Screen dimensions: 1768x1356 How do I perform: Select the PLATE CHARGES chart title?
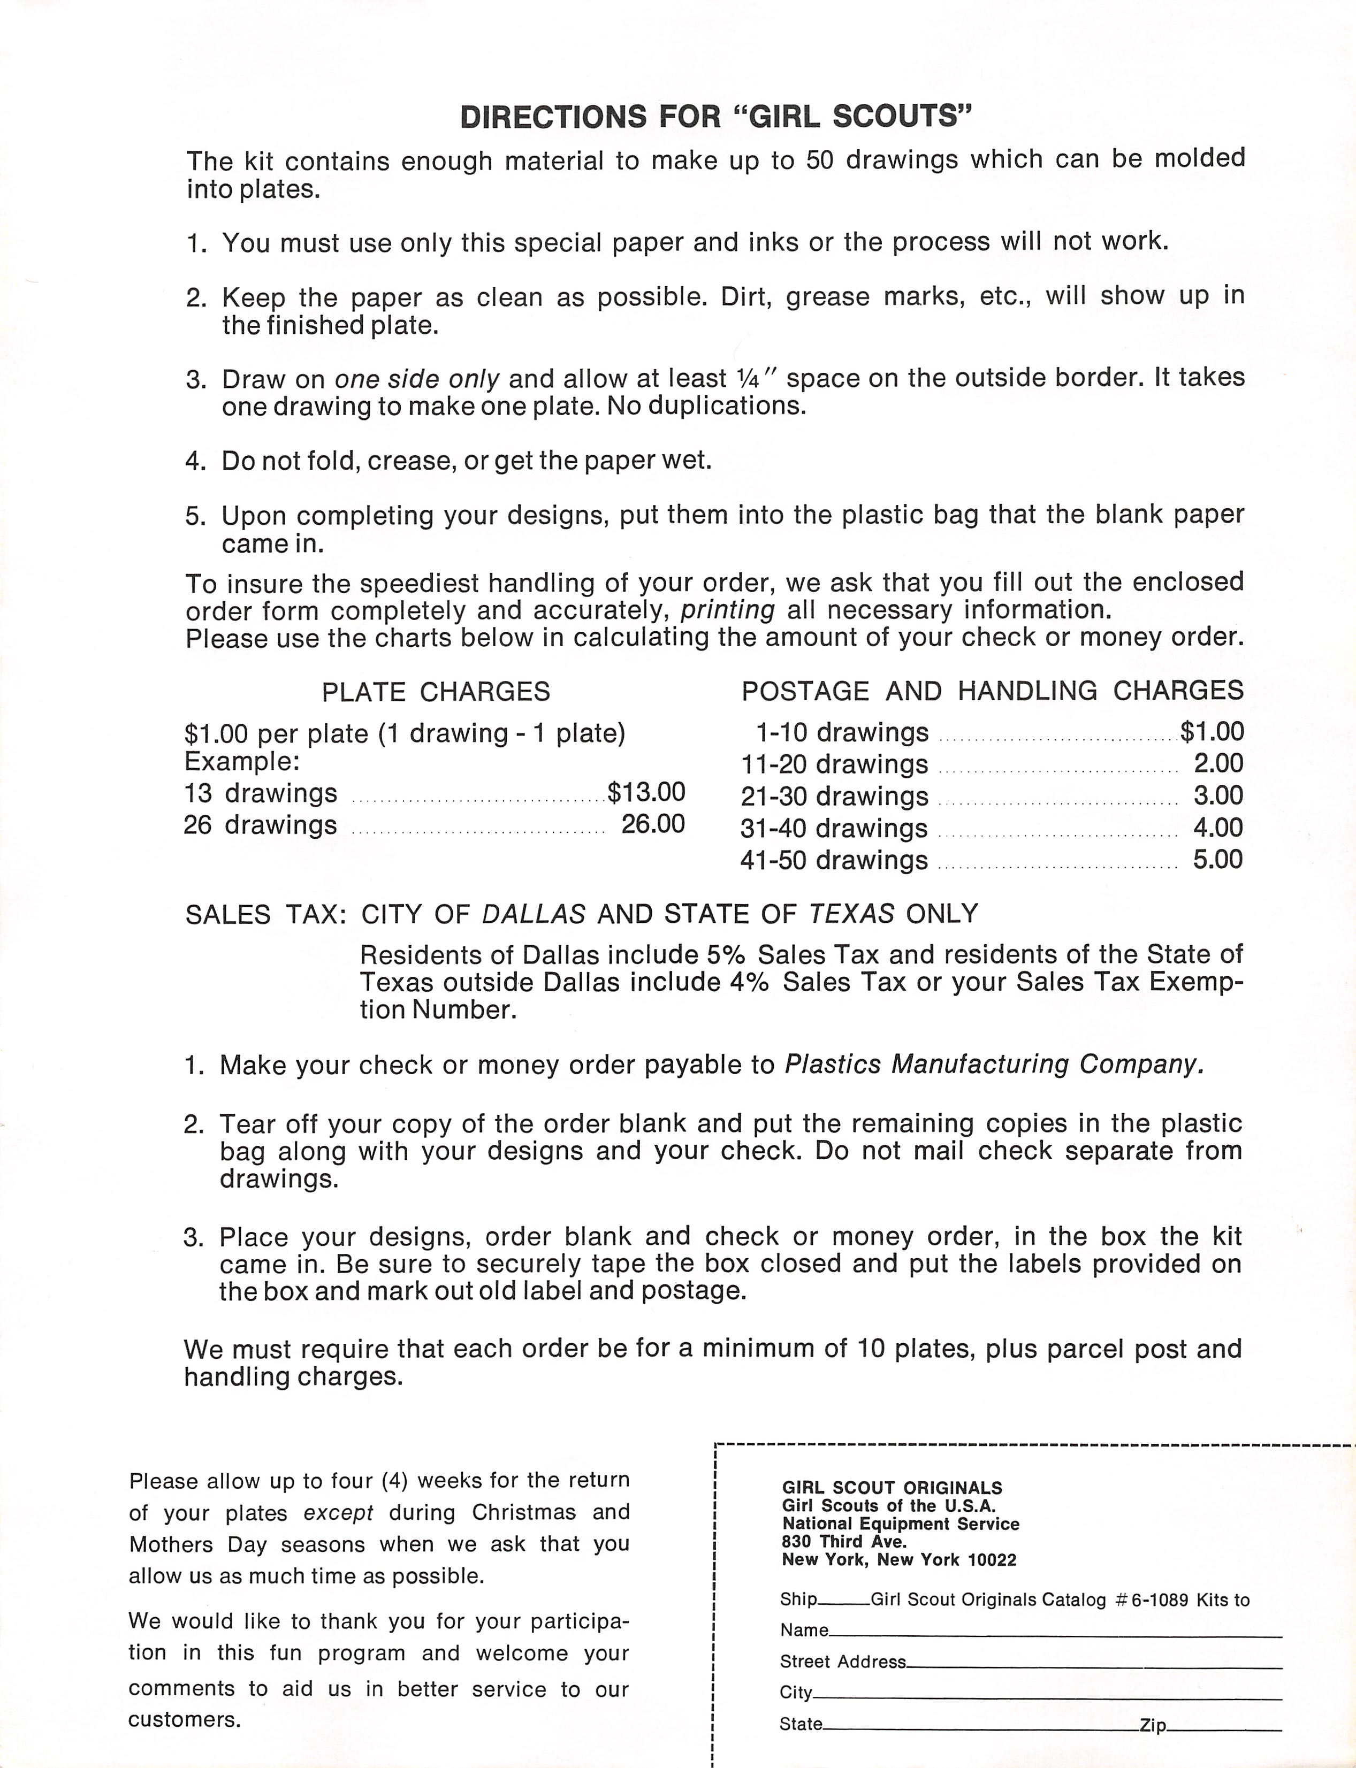(436, 692)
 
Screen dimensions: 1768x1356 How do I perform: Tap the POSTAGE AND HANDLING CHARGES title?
(992, 690)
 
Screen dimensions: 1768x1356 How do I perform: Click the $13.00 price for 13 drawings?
(646, 792)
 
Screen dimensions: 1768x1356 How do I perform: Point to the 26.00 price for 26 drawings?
(652, 823)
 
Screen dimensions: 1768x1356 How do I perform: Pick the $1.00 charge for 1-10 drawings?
(1212, 731)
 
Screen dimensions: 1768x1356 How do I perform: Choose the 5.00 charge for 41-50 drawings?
(1217, 859)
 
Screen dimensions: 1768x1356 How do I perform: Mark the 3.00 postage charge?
(1217, 795)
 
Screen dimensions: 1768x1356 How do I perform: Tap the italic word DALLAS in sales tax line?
(533, 914)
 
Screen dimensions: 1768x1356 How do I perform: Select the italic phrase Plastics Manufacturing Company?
(994, 1065)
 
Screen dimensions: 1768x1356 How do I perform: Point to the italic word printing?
(727, 609)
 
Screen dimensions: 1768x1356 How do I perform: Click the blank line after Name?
(1054, 1634)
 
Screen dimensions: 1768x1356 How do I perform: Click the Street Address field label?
(842, 1662)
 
